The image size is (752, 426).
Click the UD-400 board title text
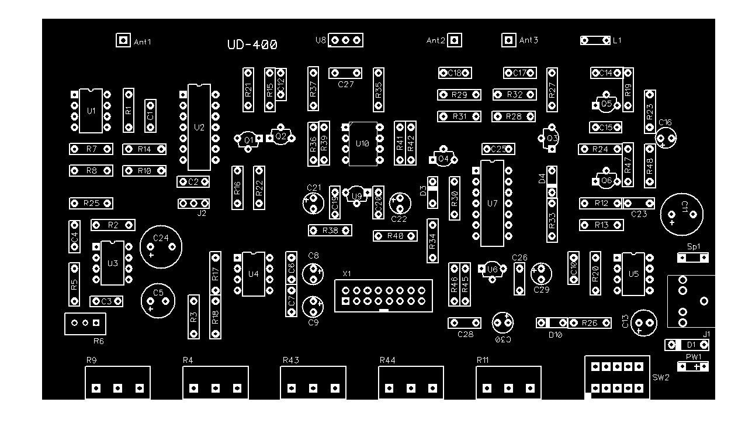tap(252, 44)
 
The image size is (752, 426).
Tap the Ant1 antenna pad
tap(123, 40)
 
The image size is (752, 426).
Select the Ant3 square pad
tap(509, 40)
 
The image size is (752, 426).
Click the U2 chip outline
tap(199, 127)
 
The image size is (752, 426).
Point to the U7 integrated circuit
tap(492, 203)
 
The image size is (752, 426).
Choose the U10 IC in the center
tap(362, 143)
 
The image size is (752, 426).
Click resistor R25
tap(91, 203)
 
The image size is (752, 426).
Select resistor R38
tap(330, 231)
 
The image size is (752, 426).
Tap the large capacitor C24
tap(161, 246)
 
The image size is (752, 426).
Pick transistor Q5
tap(606, 104)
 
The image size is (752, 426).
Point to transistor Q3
tap(551, 138)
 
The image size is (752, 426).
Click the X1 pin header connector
tap(383, 296)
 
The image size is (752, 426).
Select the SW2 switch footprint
tap(616, 377)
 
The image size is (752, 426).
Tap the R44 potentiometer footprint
tap(411, 383)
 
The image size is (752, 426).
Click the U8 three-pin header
tap(345, 40)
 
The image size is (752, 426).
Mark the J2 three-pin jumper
tap(193, 203)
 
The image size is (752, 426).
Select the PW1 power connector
tap(692, 367)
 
